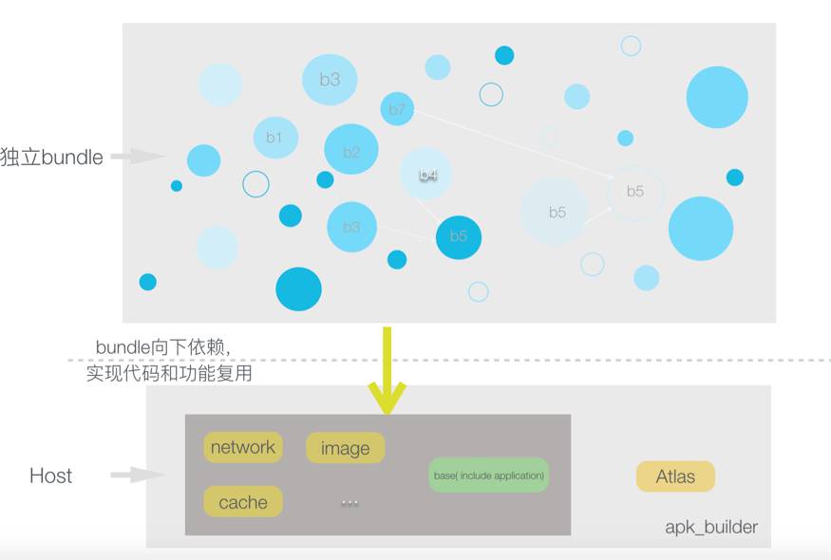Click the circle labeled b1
[275, 138]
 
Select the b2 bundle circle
[351, 150]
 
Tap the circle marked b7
[397, 110]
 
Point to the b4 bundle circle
[426, 175]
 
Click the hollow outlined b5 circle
[634, 192]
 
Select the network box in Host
[243, 447]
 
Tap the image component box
[345, 448]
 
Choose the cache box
[243, 502]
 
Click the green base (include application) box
[489, 475]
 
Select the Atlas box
[675, 476]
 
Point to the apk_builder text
[711, 527]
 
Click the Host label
[50, 476]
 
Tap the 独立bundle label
[52, 158]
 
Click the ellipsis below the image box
[349, 502]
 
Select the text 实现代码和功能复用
[169, 374]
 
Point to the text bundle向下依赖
[162, 347]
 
